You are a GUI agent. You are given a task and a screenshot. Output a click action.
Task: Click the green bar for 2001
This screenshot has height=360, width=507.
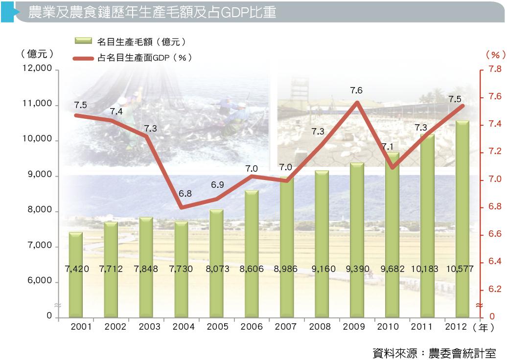click(75, 293)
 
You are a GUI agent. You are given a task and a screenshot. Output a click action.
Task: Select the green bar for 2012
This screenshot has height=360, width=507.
click(462, 293)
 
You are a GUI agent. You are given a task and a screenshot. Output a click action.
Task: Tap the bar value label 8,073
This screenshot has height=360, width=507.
click(216, 269)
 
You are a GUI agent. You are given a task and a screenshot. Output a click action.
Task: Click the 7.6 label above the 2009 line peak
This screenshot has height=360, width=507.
click(356, 90)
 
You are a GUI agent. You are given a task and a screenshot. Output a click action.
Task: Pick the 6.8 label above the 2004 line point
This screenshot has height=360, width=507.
click(185, 194)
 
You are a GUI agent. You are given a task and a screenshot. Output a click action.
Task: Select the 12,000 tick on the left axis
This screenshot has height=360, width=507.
click(37, 69)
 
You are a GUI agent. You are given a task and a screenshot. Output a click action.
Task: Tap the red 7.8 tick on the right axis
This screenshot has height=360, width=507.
click(494, 69)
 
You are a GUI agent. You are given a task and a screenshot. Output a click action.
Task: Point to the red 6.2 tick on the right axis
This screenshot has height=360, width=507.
click(494, 290)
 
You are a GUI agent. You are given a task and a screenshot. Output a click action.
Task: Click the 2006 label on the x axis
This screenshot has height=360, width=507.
click(252, 327)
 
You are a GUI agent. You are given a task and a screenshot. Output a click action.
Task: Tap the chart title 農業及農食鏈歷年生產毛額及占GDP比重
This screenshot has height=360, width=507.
click(152, 12)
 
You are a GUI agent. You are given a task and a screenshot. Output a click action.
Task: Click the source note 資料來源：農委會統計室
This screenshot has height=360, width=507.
click(434, 352)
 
